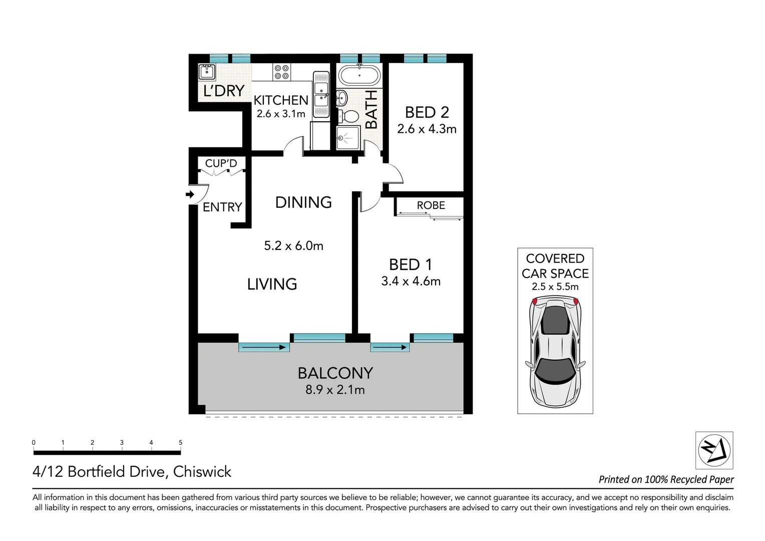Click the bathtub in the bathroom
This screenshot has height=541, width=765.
(359, 76)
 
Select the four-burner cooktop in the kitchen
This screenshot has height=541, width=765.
(281, 72)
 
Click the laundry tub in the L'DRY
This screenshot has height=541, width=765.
(207, 72)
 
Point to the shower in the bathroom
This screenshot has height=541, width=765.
(348, 138)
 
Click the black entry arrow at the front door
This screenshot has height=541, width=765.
(190, 194)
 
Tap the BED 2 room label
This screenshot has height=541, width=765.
(427, 112)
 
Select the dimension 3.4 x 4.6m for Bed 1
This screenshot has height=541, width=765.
(411, 281)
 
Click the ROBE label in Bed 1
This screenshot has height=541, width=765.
(431, 205)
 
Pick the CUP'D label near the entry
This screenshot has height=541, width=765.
(221, 163)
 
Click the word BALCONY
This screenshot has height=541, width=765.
(335, 373)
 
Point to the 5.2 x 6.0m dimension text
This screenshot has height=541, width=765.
(293, 246)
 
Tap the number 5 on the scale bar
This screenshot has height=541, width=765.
(180, 442)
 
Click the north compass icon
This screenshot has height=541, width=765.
(714, 450)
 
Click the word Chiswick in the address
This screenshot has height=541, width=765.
(202, 472)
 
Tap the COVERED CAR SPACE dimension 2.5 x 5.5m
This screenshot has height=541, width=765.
(555, 287)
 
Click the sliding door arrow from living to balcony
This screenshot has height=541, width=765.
(264, 347)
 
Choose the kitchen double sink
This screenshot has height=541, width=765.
(320, 95)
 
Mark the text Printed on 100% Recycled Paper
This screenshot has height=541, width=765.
(666, 479)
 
